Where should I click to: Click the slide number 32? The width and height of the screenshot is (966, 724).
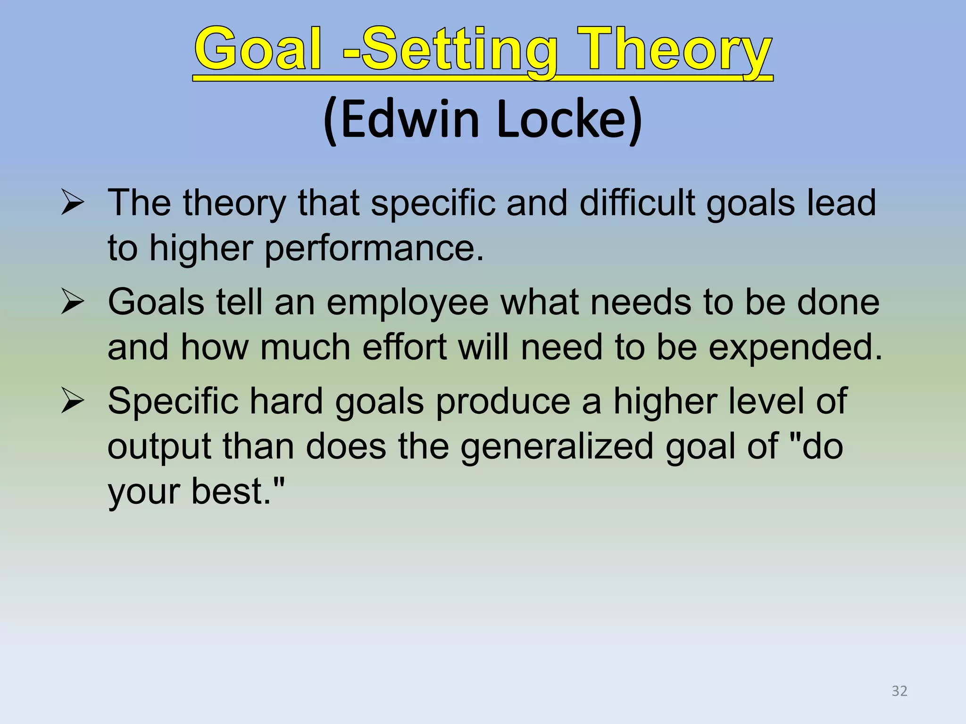pos(899,691)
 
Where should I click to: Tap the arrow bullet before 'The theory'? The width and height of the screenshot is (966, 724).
pos(73,204)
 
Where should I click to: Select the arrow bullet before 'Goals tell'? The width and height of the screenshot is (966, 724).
pos(73,303)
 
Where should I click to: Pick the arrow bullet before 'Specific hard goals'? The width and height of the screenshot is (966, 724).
pos(73,402)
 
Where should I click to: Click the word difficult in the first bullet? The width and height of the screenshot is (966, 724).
pos(637,204)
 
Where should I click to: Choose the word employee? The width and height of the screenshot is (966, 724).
pos(408,303)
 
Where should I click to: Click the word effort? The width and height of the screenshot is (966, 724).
pos(404,347)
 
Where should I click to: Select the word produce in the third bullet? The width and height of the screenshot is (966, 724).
pos(503,402)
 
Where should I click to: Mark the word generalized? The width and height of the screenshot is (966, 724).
pos(557,447)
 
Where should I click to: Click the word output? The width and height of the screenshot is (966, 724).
pos(159,447)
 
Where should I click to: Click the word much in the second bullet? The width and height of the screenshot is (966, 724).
pos(305,347)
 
